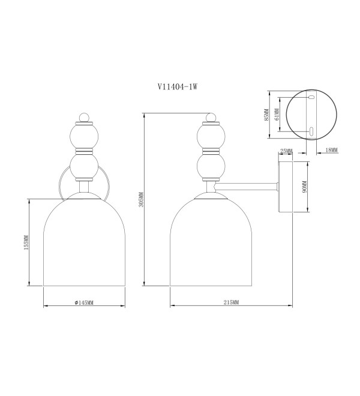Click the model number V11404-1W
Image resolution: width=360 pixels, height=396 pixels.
pyautogui.click(x=178, y=87)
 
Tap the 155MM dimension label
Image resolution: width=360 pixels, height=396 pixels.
pyautogui.click(x=26, y=243)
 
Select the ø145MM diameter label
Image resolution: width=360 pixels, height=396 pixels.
pyautogui.click(x=84, y=302)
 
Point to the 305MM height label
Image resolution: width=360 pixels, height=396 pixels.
pyautogui.click(x=141, y=200)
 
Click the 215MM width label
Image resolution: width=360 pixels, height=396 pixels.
pyautogui.click(x=231, y=302)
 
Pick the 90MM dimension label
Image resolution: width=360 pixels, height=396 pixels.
pyautogui.click(x=304, y=187)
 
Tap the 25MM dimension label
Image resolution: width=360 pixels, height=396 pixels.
pyautogui.click(x=286, y=151)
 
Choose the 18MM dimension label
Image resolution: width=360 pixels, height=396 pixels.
pyautogui.click(x=331, y=150)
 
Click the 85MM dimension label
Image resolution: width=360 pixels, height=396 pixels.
pyautogui.click(x=266, y=115)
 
